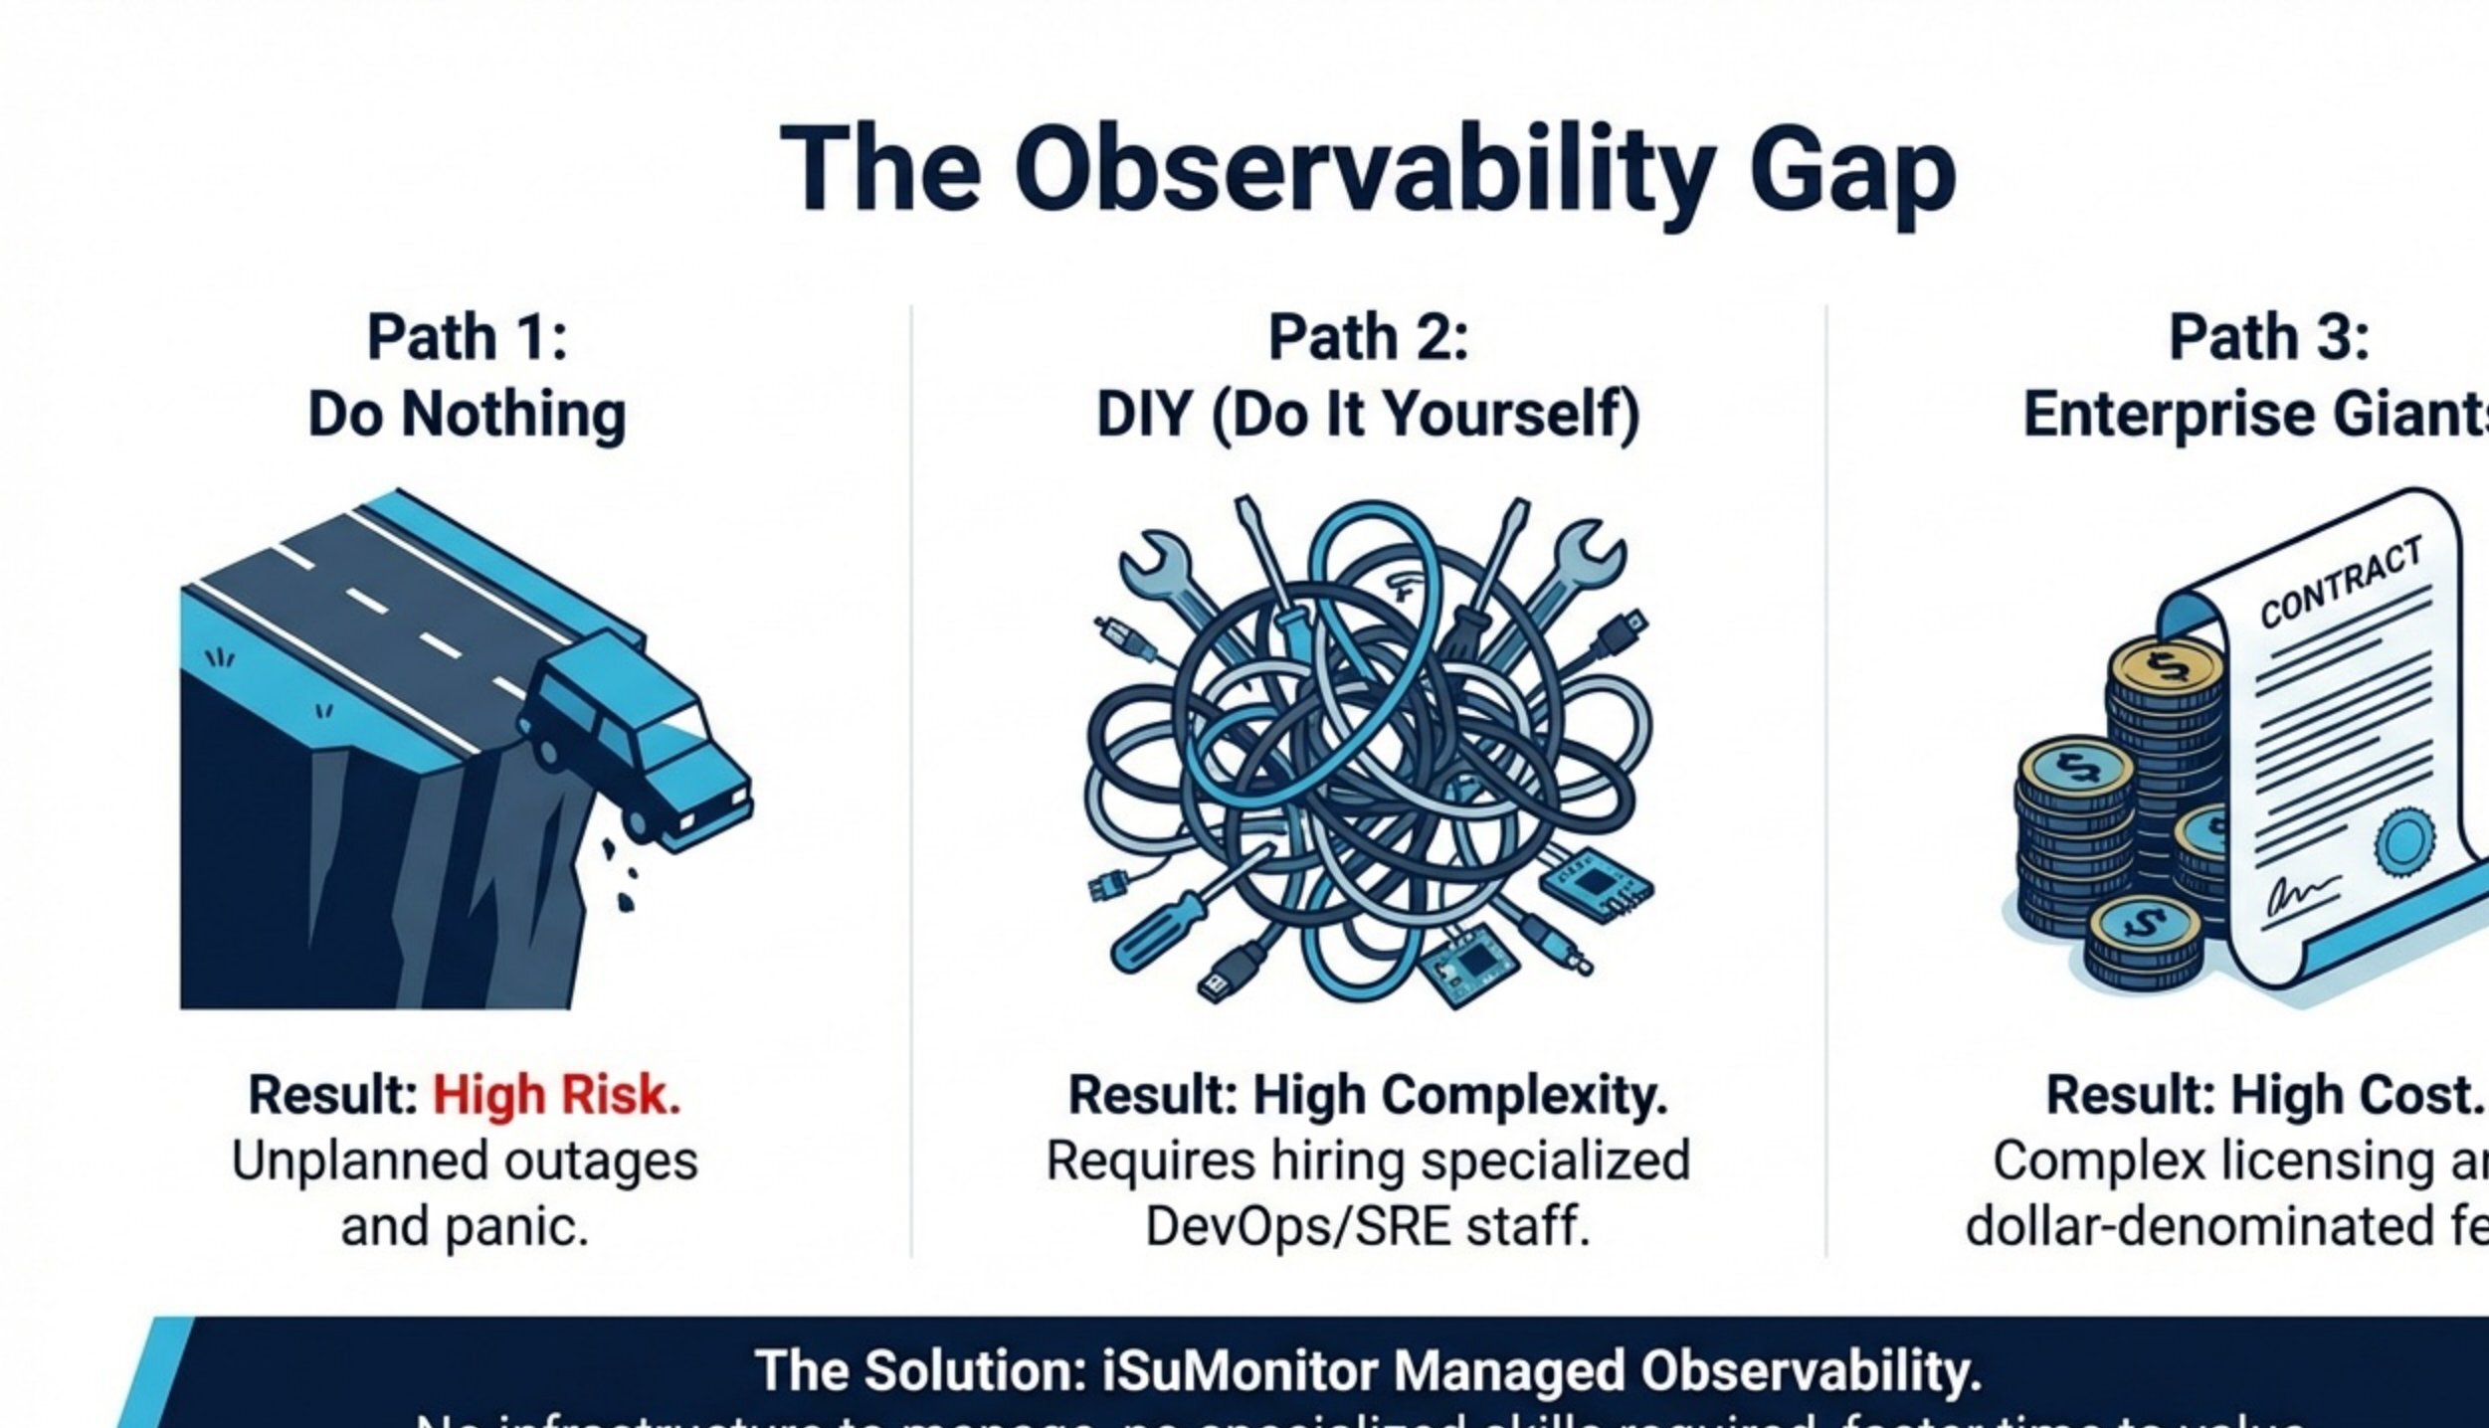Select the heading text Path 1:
click(x=467, y=337)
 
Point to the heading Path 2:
click(x=1368, y=337)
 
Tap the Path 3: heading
click(x=2269, y=337)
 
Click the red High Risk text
click(x=556, y=1095)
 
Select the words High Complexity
click(x=1459, y=1095)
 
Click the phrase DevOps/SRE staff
click(x=1368, y=1226)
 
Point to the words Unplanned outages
click(x=465, y=1160)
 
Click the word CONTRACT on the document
click(x=2340, y=582)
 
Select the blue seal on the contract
click(x=2405, y=841)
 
